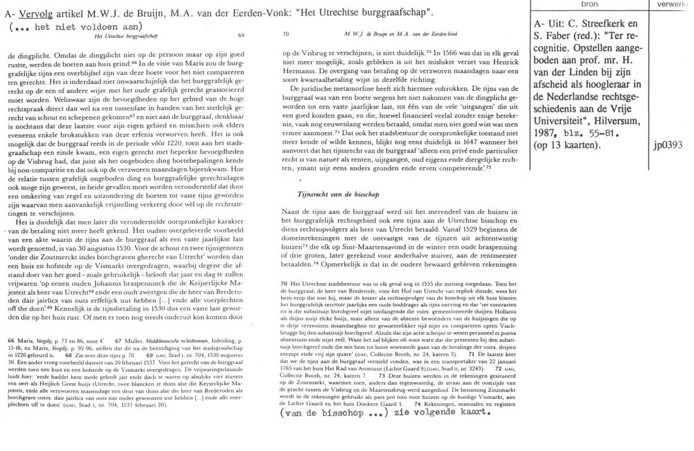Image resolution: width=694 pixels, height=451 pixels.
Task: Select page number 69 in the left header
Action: [x=241, y=34]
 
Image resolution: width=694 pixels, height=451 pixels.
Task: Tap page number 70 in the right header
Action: [x=287, y=34]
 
